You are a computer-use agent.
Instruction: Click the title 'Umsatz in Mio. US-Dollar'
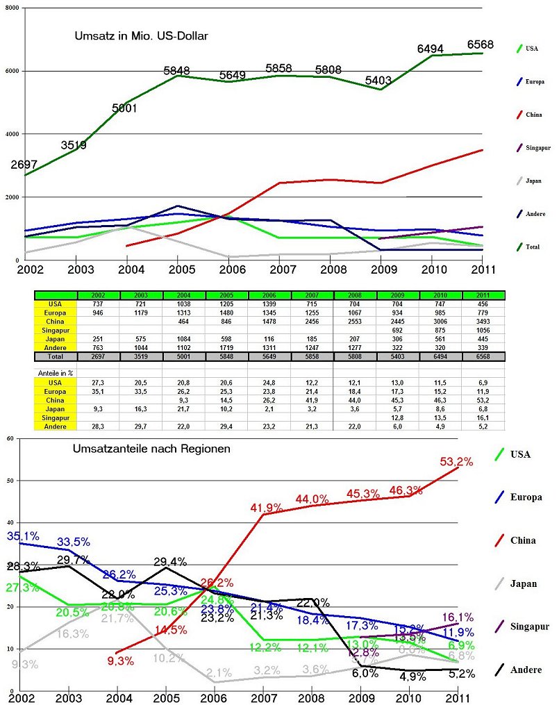pyautogui.click(x=142, y=34)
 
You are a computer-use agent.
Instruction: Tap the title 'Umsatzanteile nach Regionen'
pyautogui.click(x=151, y=449)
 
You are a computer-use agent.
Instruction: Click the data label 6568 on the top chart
pyautogui.click(x=480, y=44)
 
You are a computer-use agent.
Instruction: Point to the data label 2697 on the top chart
pyautogui.click(x=24, y=165)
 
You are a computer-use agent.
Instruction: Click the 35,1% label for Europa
pyautogui.click(x=23, y=536)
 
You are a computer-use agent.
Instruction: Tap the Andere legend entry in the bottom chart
pyautogui.click(x=526, y=670)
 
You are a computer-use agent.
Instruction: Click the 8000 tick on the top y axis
pyautogui.click(x=12, y=7)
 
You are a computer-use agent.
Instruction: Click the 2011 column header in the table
pyautogui.click(x=483, y=295)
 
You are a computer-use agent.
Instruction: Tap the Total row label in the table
pyautogui.click(x=56, y=356)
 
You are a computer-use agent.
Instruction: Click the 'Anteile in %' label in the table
pyautogui.click(x=55, y=374)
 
